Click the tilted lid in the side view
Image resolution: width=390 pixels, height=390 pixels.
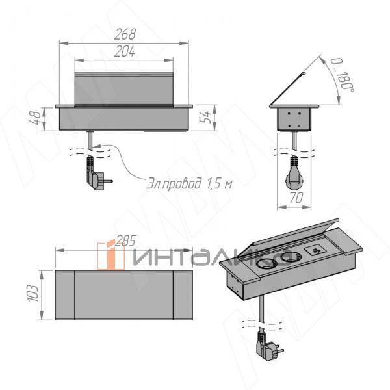click(289, 91)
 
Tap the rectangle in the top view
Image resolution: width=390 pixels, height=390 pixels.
click(123, 294)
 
